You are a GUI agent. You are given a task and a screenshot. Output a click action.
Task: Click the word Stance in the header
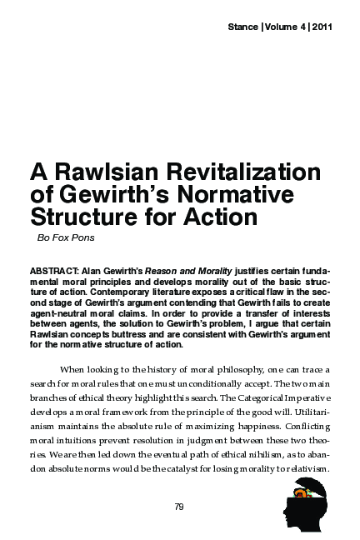pyautogui.click(x=243, y=28)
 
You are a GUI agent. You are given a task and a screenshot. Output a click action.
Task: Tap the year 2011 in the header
pyautogui.click(x=321, y=28)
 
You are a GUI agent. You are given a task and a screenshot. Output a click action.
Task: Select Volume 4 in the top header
pyautogui.click(x=286, y=28)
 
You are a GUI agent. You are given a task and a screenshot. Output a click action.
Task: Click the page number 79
pyautogui.click(x=179, y=506)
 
